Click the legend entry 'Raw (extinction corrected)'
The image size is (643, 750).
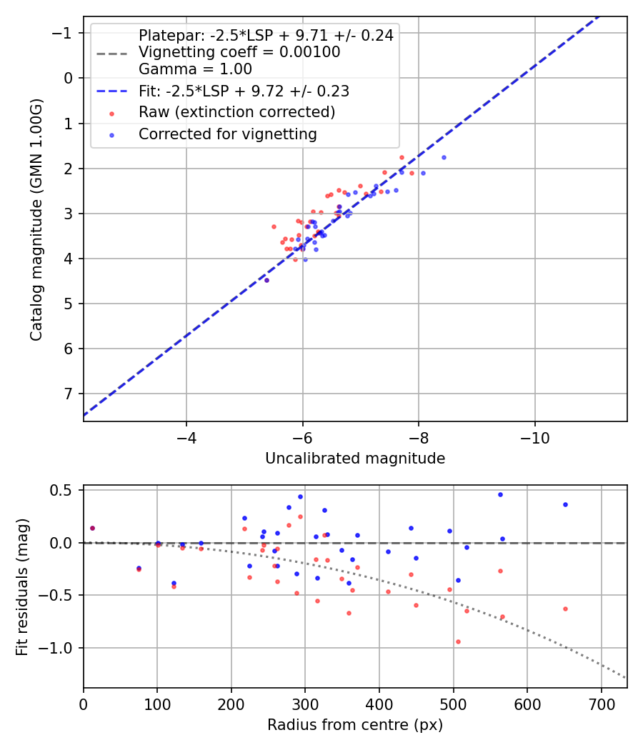pyautogui.click(x=236, y=112)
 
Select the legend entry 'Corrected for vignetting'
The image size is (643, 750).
pyautogui.click(x=228, y=134)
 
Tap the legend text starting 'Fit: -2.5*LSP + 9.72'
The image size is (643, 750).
pyautogui.click(x=244, y=91)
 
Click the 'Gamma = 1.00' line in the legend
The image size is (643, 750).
pyautogui.click(x=195, y=70)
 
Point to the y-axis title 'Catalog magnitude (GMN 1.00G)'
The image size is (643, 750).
pyautogui.click(x=36, y=219)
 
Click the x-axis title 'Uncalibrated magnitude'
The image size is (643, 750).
pyautogui.click(x=355, y=459)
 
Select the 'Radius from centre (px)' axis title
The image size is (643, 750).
pyautogui.click(x=355, y=725)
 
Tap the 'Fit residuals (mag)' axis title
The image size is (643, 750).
pyautogui.click(x=22, y=586)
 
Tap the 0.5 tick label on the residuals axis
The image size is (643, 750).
pyautogui.click(x=64, y=490)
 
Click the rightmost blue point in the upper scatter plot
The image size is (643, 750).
pyautogui.click(x=444, y=157)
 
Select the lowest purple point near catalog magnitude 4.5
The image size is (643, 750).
pyautogui.click(x=266, y=280)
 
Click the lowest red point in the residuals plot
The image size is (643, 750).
pyautogui.click(x=457, y=641)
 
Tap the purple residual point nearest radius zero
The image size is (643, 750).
pyautogui.click(x=92, y=528)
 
